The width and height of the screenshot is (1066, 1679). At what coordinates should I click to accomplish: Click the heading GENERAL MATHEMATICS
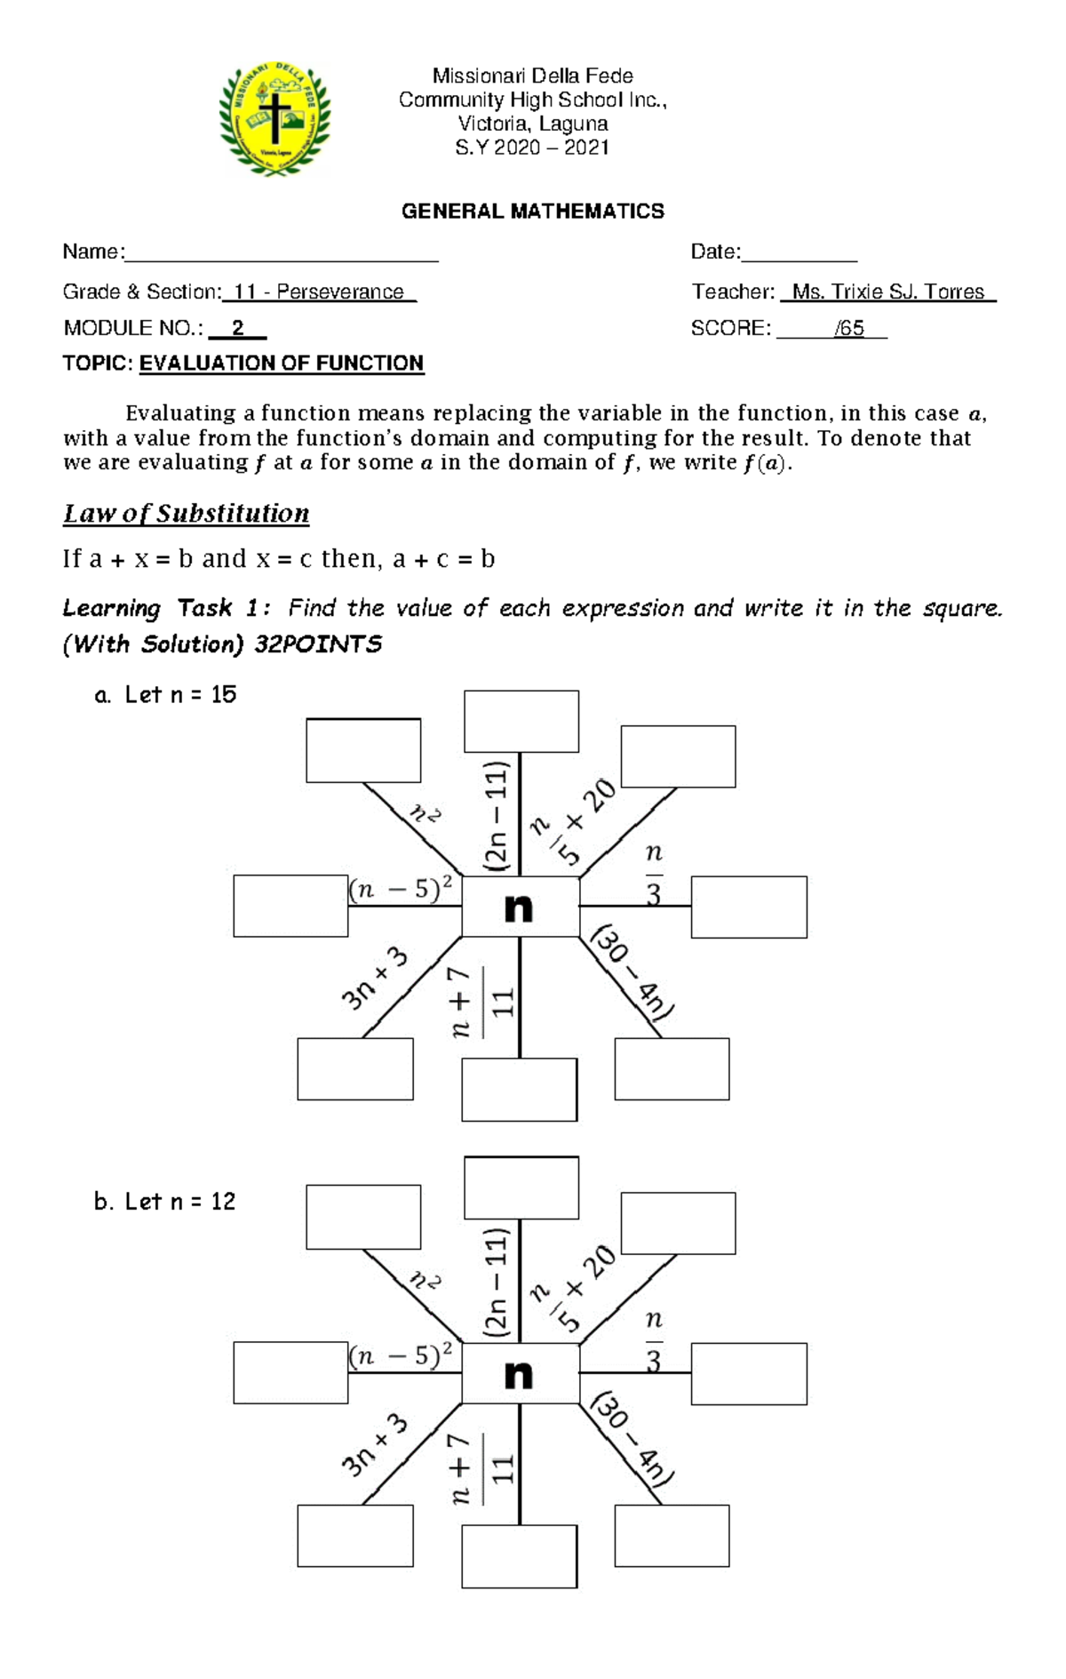[532, 212]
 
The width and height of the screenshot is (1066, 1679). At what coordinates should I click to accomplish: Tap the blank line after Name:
[281, 254]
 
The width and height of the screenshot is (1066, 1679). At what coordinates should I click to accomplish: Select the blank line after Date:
[799, 254]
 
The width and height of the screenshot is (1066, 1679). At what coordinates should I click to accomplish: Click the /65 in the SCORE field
[849, 329]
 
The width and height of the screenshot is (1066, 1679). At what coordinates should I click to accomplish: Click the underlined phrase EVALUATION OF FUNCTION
[282, 364]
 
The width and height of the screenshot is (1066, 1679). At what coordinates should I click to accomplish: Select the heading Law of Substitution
[186, 514]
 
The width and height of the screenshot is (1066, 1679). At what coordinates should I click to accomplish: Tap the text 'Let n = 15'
[180, 695]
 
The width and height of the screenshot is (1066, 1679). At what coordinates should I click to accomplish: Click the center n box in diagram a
[520, 907]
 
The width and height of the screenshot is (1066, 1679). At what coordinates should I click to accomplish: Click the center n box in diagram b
[520, 1374]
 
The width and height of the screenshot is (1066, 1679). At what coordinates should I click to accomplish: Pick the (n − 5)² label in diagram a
[401, 890]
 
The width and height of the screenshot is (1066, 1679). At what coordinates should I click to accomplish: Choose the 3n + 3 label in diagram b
[374, 1446]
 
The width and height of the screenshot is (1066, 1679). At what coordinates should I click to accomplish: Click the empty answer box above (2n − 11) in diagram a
[521, 722]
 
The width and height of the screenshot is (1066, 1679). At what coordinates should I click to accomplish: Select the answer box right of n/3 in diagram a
[749, 907]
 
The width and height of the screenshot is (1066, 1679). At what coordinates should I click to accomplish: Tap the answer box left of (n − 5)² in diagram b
[290, 1373]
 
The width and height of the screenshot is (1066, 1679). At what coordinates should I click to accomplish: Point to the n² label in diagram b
[425, 1282]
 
